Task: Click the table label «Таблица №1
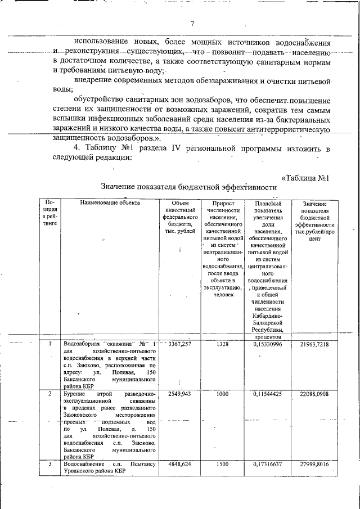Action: point(304,178)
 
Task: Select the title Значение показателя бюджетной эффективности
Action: point(189,187)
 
